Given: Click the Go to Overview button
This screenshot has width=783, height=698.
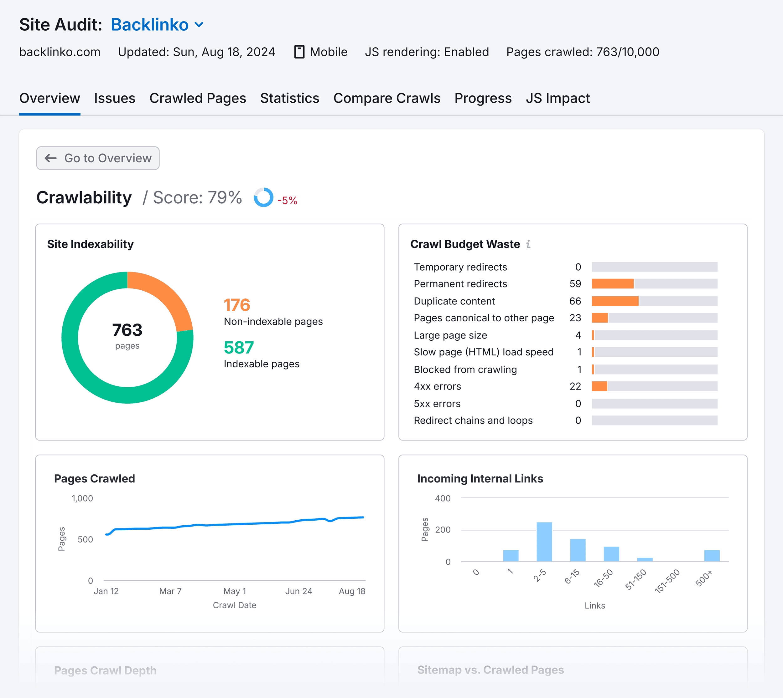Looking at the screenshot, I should [x=98, y=158].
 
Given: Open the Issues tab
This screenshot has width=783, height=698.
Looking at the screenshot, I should [x=114, y=98].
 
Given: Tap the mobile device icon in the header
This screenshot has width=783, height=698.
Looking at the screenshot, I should [x=299, y=52].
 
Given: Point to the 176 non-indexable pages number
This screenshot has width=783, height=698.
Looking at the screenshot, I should [x=236, y=305].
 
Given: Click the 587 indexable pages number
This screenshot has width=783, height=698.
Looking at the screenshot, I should [x=238, y=348].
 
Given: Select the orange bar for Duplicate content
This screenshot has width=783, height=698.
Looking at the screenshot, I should [x=615, y=301].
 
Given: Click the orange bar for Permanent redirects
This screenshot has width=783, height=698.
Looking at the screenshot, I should [x=613, y=284].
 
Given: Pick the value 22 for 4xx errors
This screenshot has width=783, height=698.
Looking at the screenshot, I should [x=575, y=386].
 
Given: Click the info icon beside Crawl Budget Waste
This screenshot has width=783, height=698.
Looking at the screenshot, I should [x=529, y=244].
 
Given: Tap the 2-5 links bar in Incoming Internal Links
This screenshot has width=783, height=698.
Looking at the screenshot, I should [x=544, y=542].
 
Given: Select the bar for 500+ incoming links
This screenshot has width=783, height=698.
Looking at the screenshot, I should [x=712, y=555].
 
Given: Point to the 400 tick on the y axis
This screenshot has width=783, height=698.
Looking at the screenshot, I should [x=443, y=498].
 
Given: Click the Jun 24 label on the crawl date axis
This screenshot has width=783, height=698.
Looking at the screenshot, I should [x=298, y=591].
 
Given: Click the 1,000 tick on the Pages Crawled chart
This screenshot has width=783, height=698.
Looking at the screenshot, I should [x=82, y=498].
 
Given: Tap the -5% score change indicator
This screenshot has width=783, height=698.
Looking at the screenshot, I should [x=287, y=200].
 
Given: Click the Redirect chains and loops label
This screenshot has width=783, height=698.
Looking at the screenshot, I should [x=473, y=420].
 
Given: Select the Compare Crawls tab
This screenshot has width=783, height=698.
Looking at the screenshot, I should [x=386, y=98].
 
